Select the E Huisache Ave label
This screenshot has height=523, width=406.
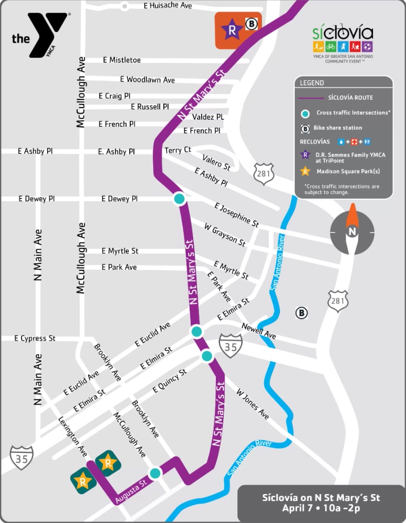(168, 6)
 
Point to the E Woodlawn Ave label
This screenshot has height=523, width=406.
(147, 79)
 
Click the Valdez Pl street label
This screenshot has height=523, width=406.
(207, 117)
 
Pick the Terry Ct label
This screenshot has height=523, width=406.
(178, 150)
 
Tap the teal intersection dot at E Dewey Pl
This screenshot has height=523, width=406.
(179, 199)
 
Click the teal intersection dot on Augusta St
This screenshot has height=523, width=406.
(155, 473)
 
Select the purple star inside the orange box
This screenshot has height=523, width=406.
(231, 30)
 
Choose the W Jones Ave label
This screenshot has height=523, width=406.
(253, 404)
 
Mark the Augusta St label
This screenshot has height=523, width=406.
(130, 492)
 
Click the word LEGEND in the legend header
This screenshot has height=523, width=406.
(312, 83)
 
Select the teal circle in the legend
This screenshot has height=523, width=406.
(305, 113)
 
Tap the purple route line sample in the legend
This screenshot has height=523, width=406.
(310, 98)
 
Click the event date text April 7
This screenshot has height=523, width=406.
(300, 508)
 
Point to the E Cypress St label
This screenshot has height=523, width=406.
(35, 339)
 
